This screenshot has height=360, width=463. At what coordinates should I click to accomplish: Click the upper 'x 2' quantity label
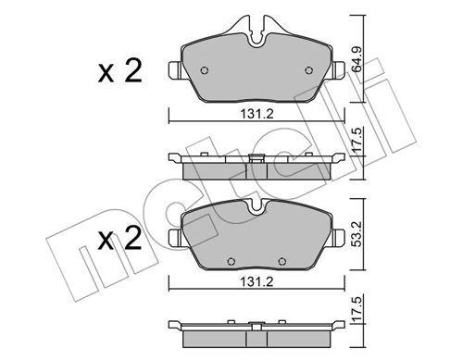(x=120, y=72)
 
